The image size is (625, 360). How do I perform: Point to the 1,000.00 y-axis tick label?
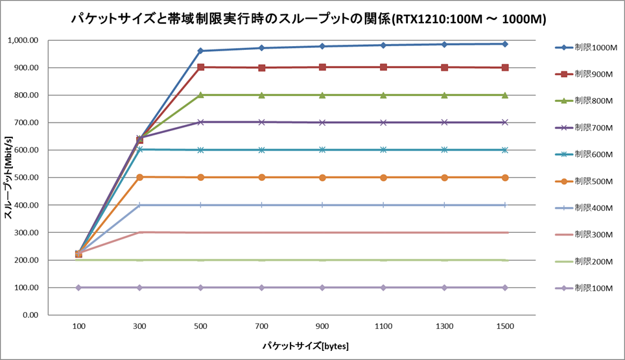(x=23, y=40)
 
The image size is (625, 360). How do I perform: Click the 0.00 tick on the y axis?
(x=30, y=315)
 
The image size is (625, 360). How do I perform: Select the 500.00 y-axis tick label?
(x=27, y=178)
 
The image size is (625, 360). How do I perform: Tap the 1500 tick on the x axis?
(x=504, y=327)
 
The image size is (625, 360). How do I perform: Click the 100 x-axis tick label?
(x=78, y=327)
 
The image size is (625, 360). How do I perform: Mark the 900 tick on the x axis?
(x=322, y=327)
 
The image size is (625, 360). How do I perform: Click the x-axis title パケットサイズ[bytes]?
(x=305, y=346)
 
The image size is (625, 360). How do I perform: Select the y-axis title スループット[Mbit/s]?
(x=9, y=178)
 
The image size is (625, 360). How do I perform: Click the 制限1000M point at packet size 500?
(x=200, y=51)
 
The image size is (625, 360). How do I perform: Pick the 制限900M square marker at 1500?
(x=504, y=67)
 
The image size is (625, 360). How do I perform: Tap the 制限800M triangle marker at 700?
(x=261, y=95)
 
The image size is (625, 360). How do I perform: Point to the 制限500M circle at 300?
(x=139, y=177)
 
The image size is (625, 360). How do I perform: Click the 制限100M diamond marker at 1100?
(x=383, y=287)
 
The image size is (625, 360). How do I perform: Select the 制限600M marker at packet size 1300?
(x=444, y=150)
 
